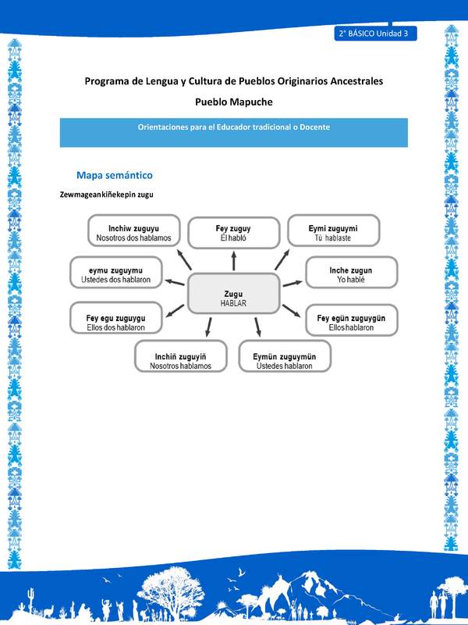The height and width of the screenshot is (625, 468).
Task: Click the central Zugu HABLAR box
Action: click(x=233, y=293)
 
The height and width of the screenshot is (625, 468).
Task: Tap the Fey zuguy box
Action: click(x=233, y=232)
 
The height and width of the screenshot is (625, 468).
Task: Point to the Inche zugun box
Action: click(x=350, y=273)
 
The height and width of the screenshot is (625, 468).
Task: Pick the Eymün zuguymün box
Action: click(x=284, y=359)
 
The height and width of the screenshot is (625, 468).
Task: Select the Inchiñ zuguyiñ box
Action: click(x=181, y=359)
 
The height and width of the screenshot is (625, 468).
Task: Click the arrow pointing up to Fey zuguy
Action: click(x=233, y=260)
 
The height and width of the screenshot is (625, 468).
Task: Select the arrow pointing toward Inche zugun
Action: click(x=292, y=282)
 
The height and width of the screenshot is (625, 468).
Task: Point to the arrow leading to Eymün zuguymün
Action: click(x=257, y=327)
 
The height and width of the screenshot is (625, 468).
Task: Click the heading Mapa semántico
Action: click(x=114, y=175)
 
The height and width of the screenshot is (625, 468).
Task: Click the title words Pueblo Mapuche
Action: click(x=233, y=102)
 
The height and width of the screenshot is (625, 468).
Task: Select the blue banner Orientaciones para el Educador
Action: click(x=233, y=132)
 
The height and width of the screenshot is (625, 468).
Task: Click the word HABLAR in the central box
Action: click(x=233, y=302)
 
